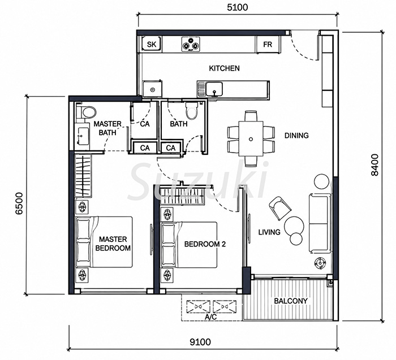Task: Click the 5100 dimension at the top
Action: coord(238,7)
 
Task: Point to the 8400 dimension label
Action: coord(375,164)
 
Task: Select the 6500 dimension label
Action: coord(19,203)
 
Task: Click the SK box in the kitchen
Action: coord(152,45)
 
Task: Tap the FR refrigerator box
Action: coord(268,45)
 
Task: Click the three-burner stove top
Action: coord(191,45)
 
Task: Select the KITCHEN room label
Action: coord(224,68)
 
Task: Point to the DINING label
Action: coord(296,136)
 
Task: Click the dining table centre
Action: coord(251,139)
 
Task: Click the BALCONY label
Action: coord(291,301)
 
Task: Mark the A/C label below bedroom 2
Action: coord(210,317)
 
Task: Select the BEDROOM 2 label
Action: coord(205,244)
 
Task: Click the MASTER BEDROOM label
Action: coord(113,244)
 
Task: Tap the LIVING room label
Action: coord(269,232)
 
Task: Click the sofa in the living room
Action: coord(320,224)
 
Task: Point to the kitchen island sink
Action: coord(214,89)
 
